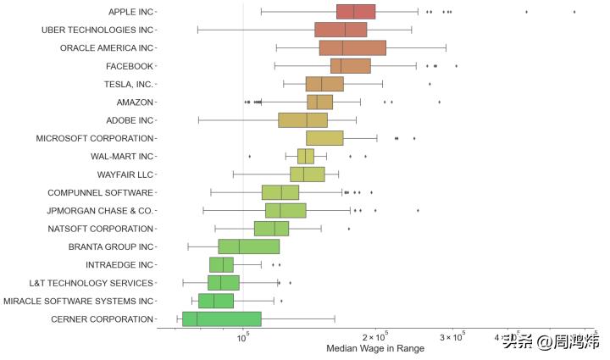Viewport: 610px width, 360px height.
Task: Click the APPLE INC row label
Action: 130,12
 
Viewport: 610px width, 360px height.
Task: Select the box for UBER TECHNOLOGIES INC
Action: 341,30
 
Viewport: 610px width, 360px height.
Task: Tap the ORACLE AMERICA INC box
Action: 352,47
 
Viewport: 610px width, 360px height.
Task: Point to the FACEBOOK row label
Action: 129,66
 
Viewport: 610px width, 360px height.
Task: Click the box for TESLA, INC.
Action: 324,84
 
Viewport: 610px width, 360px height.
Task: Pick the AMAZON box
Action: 319,102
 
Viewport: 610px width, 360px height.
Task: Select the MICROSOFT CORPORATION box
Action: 324,138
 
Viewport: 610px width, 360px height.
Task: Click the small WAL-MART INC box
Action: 306,156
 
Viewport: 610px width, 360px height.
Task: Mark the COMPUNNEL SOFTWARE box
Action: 280,192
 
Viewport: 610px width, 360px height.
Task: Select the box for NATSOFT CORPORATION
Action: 271,229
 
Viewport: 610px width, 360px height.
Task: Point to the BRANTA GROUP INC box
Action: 248,246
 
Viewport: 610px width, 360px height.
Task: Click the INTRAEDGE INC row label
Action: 119,264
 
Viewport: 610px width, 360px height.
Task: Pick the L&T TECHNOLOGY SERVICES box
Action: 224,283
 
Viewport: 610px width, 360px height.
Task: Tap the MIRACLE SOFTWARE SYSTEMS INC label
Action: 79,301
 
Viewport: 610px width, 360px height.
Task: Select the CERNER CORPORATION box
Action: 221,318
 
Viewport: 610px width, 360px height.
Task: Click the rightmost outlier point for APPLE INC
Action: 574,12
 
